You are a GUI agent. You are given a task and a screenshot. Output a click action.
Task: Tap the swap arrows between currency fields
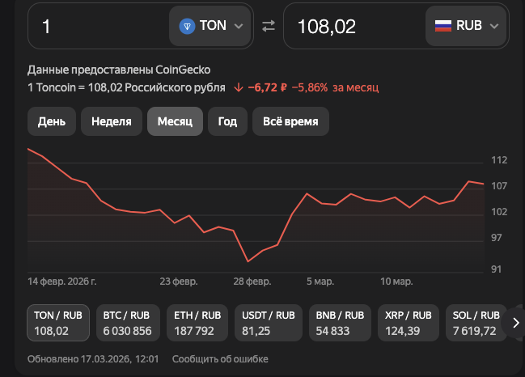(269, 26)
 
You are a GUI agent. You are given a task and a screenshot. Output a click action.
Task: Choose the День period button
(52, 121)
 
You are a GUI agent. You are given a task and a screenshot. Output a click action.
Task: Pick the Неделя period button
(112, 121)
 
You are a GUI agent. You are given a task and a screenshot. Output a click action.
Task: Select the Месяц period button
(175, 121)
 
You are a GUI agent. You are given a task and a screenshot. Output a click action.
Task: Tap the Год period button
(227, 121)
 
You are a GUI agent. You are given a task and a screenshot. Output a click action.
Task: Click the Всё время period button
(290, 121)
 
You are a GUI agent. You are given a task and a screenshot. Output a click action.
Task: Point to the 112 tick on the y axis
(499, 160)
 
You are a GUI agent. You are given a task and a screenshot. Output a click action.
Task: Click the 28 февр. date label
(252, 282)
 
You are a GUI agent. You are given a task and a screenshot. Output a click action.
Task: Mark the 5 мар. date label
(320, 282)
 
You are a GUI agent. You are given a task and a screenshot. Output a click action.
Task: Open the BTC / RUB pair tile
(127, 323)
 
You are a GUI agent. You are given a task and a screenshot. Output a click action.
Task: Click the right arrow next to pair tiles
(515, 323)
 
